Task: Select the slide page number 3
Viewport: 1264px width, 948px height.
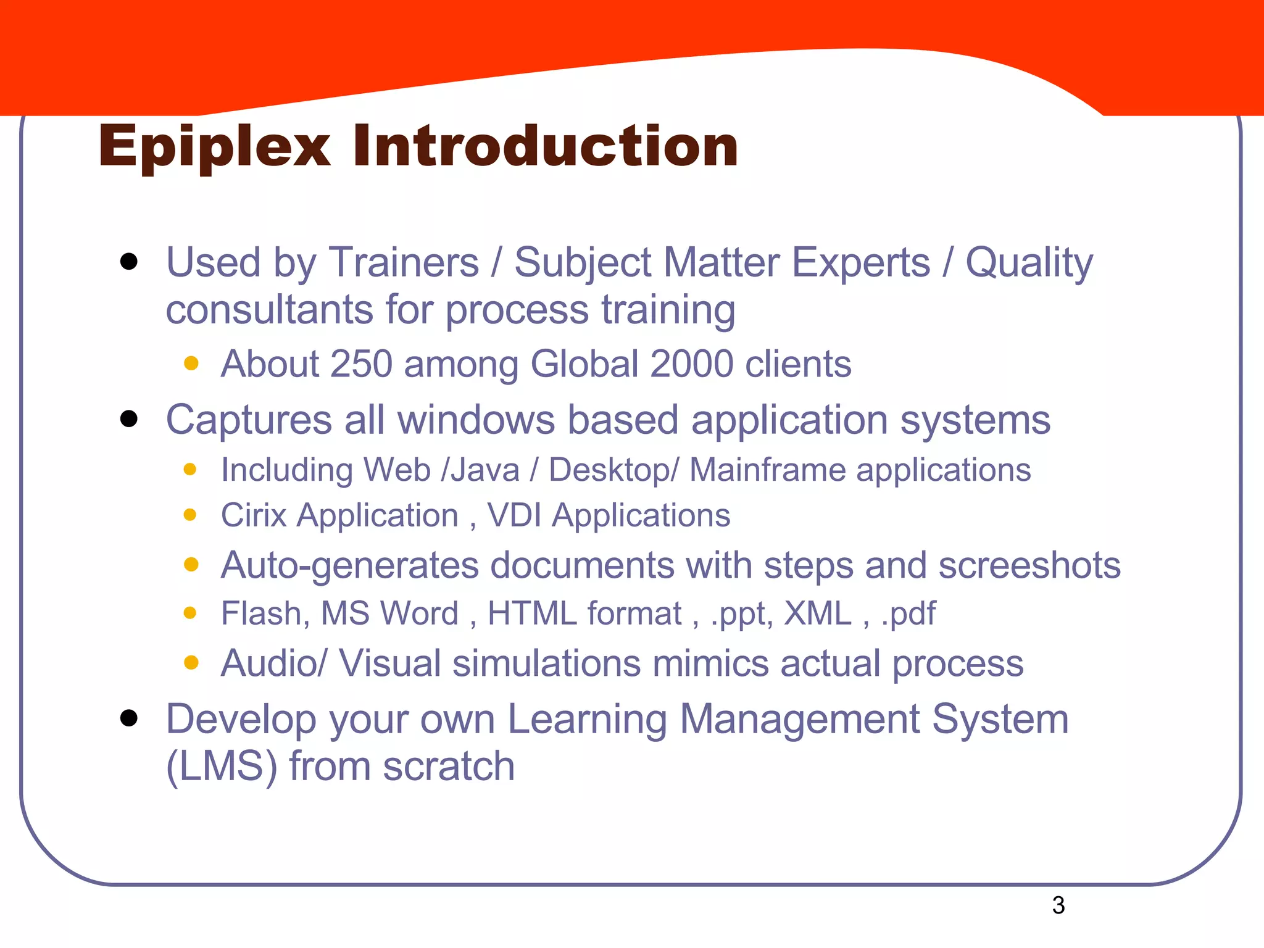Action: click(1058, 905)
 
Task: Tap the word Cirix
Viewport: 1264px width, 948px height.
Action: click(254, 515)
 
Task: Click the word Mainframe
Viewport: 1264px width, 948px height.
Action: click(768, 470)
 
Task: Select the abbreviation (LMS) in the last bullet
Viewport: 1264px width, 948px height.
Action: click(222, 767)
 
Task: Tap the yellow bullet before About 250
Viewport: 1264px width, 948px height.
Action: click(191, 363)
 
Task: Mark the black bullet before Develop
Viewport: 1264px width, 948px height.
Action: click(129, 718)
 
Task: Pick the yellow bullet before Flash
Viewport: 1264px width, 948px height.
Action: click(190, 613)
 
